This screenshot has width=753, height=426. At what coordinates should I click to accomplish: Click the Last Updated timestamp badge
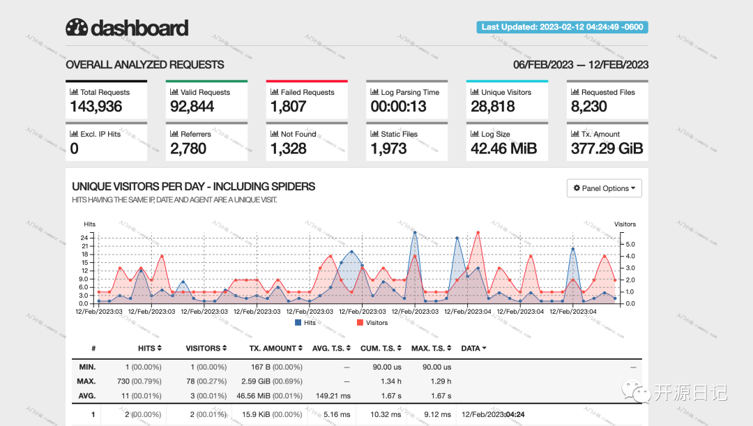point(562,27)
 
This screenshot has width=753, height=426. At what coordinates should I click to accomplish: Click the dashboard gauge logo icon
point(77,27)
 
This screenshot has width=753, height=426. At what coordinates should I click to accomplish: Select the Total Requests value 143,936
point(96,107)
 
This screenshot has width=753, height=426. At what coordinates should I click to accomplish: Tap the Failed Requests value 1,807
point(288,107)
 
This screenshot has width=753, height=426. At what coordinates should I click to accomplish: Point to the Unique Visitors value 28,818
point(492,107)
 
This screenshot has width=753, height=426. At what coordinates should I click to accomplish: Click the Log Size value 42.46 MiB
point(503,149)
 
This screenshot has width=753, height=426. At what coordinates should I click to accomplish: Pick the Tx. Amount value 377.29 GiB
point(607,149)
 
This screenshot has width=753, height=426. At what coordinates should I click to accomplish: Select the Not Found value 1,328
point(288,149)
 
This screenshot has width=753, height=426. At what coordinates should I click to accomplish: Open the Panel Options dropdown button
point(604,188)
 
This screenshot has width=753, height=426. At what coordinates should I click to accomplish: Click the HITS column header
point(149,348)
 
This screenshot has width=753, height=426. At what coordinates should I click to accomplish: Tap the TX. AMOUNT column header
point(275,348)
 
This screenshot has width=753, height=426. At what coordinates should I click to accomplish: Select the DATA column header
point(473,348)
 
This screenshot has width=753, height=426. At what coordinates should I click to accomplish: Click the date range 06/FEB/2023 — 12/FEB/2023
point(581,65)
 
